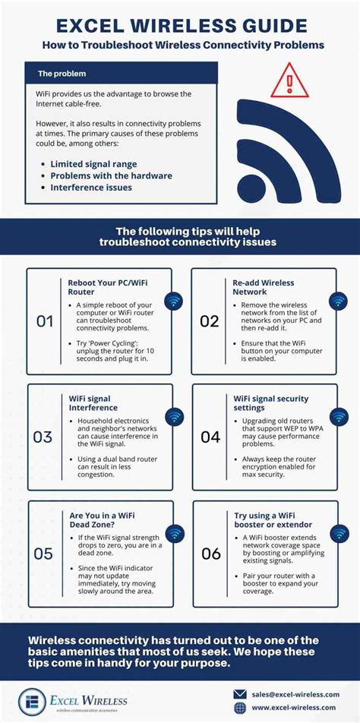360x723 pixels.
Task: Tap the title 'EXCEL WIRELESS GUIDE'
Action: coord(180,27)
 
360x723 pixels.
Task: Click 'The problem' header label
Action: coord(62,74)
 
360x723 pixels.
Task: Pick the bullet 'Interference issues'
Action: coord(91,188)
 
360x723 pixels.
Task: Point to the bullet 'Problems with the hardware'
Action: coord(111,175)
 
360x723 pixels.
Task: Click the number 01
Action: coord(45,321)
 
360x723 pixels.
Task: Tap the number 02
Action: coord(210,321)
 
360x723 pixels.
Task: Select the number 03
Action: coord(43,437)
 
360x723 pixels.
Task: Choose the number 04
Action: coord(210,437)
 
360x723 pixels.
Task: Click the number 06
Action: coord(210,554)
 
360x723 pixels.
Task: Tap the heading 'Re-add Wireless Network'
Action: coord(264,288)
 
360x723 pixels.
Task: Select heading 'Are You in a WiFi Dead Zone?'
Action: coord(103,520)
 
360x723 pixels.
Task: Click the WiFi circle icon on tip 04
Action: coord(339,416)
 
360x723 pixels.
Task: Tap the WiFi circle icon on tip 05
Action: coord(174,532)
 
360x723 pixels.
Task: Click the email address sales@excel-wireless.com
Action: coord(297,693)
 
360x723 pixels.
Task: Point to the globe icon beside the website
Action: coord(240,709)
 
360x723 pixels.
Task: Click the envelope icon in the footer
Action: coord(240,693)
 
